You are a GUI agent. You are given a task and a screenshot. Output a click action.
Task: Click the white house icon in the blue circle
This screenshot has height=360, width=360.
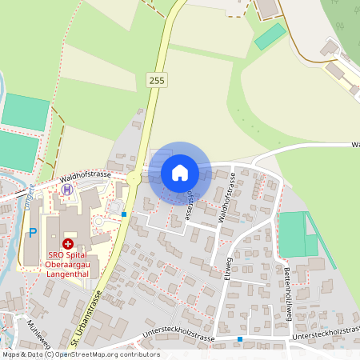[180, 173]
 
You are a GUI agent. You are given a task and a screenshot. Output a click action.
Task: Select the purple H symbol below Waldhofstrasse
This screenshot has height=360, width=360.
[68, 190]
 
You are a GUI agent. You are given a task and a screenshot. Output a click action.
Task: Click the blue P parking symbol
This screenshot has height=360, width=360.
[33, 233]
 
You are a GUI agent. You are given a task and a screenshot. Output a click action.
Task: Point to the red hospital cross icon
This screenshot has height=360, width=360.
[69, 242]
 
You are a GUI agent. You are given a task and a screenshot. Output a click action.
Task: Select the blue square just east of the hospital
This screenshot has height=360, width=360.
[124, 214]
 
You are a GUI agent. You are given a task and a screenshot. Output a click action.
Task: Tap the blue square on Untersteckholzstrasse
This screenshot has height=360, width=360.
[239, 339]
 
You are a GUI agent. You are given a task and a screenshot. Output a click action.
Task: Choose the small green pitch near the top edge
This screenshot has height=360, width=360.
[270, 36]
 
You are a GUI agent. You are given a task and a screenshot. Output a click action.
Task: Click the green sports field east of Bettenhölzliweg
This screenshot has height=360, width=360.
[294, 234]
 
